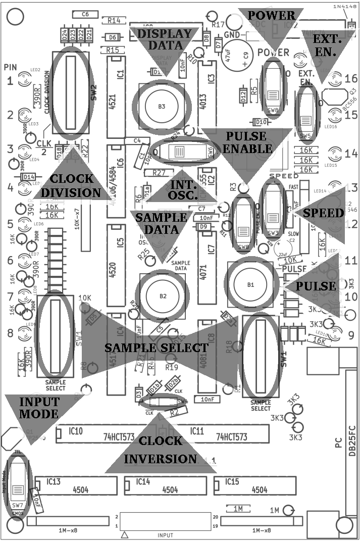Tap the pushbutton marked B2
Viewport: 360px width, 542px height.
coord(163,296)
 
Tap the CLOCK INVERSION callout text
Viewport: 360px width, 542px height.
coord(160,450)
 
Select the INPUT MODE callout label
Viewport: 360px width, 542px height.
coord(39,408)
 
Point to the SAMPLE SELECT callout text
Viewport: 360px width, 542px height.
coord(156,348)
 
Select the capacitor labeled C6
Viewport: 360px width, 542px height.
coord(85,15)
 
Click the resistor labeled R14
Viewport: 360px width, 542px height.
coord(114,21)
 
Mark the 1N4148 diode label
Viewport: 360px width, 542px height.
coord(344,6)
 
